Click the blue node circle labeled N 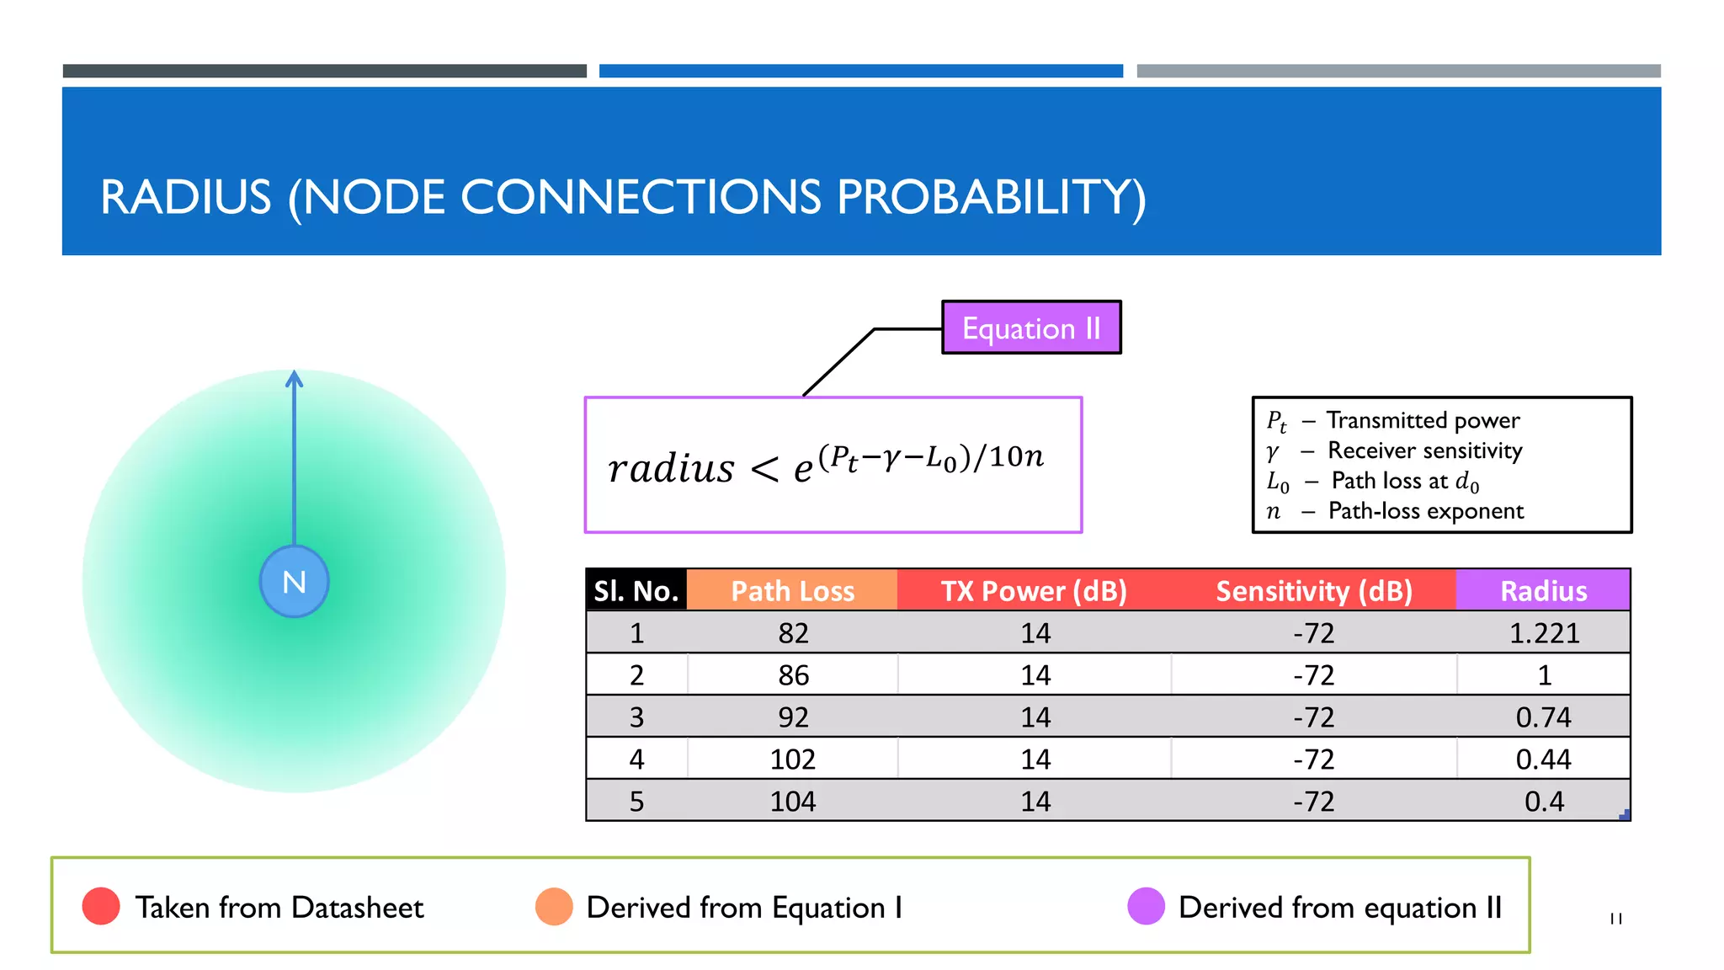pos(294,582)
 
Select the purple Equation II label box pos(1031,328)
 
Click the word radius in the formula pos(671,468)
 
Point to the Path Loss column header pos(792,590)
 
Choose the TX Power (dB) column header pos(1034,590)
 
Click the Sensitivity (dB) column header pos(1313,590)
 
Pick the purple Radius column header pos(1543,590)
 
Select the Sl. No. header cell pos(636,590)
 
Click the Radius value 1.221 pos(1544,632)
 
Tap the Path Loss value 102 pos(792,759)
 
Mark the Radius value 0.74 pos(1543,717)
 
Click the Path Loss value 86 pos(793,674)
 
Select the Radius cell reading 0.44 pos(1543,759)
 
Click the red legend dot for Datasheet pos(101,906)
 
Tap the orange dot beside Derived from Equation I pos(554,906)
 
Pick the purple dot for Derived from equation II pos(1146,906)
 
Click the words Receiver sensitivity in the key pos(1424,450)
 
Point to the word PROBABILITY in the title pos(991,197)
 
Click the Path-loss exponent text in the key pos(1425,511)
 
